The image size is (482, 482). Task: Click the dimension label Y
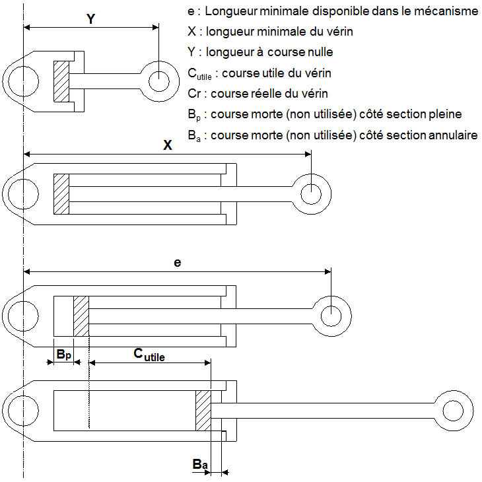pos(92,18)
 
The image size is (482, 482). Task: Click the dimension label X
pos(168,146)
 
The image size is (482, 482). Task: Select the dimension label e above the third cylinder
pos(177,262)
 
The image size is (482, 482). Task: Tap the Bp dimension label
pos(63,355)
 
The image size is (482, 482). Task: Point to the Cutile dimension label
pos(149,355)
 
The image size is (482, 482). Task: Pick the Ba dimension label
pos(200,465)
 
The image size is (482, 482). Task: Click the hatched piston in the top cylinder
pos(61,81)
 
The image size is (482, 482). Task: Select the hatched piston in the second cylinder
pos(61,193)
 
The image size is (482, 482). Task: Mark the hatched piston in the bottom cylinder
pos(203,411)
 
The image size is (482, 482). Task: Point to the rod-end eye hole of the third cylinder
pos(331,313)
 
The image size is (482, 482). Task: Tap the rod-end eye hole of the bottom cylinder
pos(454,411)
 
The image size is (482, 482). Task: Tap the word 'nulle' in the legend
pos(319,52)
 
